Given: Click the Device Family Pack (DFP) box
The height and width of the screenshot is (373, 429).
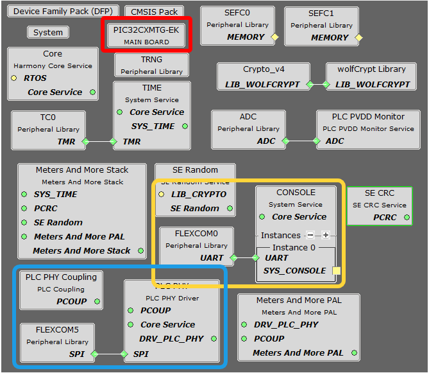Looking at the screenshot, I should (62, 12).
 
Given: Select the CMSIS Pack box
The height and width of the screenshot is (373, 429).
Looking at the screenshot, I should (155, 12).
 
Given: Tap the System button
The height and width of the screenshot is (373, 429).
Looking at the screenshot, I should (48, 32).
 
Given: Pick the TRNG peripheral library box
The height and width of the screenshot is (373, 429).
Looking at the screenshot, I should (151, 65).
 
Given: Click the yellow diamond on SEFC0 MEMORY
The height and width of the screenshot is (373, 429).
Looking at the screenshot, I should (274, 37).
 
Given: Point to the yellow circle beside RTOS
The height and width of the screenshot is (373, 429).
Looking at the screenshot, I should (14, 78).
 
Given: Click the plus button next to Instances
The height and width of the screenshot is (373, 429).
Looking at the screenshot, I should (325, 235).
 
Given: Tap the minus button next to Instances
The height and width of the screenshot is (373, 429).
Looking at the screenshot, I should (310, 235).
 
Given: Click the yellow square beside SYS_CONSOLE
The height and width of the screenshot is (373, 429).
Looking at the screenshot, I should (337, 271).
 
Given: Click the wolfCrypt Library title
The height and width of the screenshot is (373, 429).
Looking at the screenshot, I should (366, 69).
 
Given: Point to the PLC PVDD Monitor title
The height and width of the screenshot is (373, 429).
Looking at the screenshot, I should (368, 117).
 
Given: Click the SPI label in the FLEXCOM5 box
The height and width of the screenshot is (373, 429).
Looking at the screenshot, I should (76, 354).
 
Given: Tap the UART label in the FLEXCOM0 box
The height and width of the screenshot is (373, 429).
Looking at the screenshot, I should (212, 257).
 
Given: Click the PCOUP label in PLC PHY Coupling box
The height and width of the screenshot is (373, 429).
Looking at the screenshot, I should (71, 301).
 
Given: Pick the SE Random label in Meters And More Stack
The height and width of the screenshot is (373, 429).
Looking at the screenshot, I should (58, 222).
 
